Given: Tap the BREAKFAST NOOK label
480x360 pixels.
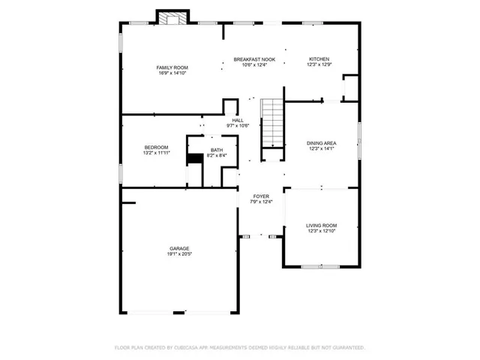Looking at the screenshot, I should (x=254, y=59).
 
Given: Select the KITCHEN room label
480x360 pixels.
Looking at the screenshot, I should (x=319, y=59).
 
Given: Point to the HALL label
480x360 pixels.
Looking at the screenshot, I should (x=238, y=120).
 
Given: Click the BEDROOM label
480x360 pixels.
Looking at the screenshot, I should (x=156, y=147).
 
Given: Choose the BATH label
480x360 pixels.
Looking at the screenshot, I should (x=217, y=150).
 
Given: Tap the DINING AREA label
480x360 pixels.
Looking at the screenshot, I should (x=321, y=142).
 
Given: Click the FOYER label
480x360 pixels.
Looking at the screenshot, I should (x=261, y=196).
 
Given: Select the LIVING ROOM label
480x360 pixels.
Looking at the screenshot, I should (x=321, y=225).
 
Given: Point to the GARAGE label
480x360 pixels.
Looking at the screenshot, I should (x=178, y=248).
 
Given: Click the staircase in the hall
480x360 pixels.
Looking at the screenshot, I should (x=272, y=124).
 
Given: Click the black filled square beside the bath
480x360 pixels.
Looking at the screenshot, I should (x=195, y=157).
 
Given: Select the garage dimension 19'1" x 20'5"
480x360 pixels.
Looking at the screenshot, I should (x=178, y=254).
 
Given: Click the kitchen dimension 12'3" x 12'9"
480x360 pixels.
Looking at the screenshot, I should (x=319, y=65).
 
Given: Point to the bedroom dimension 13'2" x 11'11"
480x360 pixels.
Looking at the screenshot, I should (x=156, y=153).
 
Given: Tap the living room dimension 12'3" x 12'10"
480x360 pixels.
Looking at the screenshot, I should (x=321, y=231).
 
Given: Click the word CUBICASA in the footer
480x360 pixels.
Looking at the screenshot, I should (x=193, y=348).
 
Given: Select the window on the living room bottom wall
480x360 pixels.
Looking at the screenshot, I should (x=321, y=266).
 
